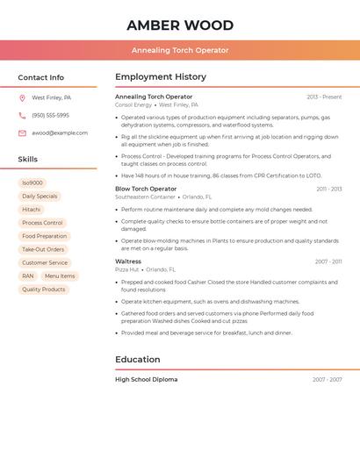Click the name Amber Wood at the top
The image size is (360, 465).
pyautogui.click(x=180, y=25)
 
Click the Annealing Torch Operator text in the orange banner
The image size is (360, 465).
pyautogui.click(x=180, y=50)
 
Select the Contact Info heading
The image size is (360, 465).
pyautogui.click(x=41, y=77)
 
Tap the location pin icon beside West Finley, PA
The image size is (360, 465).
pyautogui.click(x=22, y=98)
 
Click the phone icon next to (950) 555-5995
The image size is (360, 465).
pyautogui.click(x=22, y=116)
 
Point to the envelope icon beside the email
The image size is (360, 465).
pyautogui.click(x=22, y=133)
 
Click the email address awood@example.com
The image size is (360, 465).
pyautogui.click(x=60, y=133)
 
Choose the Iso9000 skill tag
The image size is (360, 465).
pyautogui.click(x=32, y=183)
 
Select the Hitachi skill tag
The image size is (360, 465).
pyautogui.click(x=32, y=210)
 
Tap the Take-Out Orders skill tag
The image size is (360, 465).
pyautogui.click(x=43, y=249)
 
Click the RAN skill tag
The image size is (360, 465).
pyautogui.click(x=28, y=275)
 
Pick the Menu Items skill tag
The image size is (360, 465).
pyautogui.click(x=60, y=275)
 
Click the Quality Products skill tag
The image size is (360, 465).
pyautogui.click(x=44, y=289)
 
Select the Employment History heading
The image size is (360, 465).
pyautogui.click(x=161, y=77)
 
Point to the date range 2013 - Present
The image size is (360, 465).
pyautogui.click(x=324, y=97)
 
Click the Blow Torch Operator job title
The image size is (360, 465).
pyautogui.click(x=146, y=189)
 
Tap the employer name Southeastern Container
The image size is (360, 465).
pyautogui.click(x=145, y=197)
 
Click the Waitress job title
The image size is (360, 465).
pyautogui.click(x=128, y=261)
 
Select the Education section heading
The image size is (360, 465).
pyautogui.click(x=138, y=360)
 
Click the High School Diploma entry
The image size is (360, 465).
pyautogui.click(x=146, y=380)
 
